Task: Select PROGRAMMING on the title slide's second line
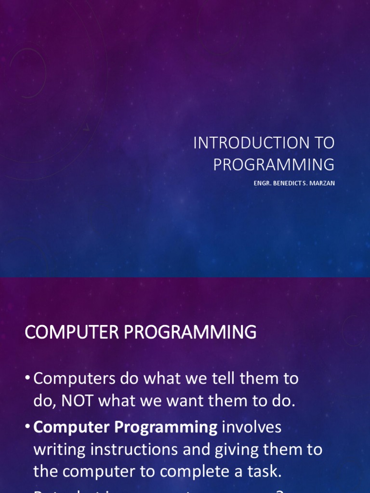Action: (274, 165)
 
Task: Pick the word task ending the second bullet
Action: (264, 471)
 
